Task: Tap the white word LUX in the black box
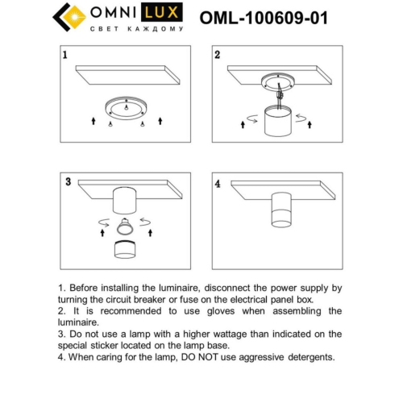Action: click(161, 14)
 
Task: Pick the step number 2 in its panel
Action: click(217, 56)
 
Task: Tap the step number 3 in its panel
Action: click(68, 182)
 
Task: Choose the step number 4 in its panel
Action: click(217, 183)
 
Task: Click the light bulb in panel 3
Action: click(124, 226)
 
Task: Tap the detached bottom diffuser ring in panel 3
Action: click(124, 251)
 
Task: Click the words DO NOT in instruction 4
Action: click(211, 355)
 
